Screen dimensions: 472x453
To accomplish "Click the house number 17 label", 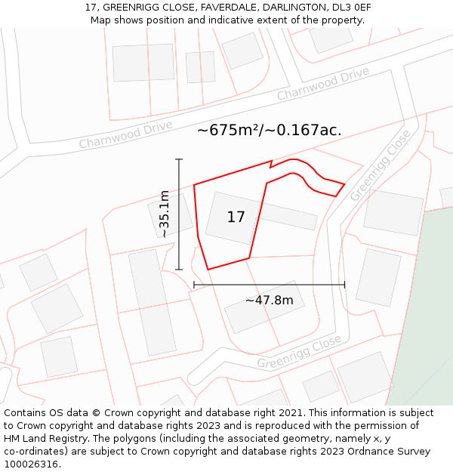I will click(x=236, y=217).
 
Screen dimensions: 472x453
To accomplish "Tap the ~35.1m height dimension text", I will click(x=164, y=214).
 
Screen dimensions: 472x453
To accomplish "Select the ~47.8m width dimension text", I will click(x=269, y=301).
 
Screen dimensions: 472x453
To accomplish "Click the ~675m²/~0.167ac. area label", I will click(x=270, y=130).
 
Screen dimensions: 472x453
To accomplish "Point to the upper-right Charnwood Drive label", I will click(x=323, y=83).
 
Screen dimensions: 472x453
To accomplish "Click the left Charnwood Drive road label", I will click(x=125, y=134).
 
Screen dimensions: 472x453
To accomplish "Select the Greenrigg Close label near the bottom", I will click(x=299, y=353).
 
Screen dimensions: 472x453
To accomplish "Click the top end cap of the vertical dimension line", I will click(x=179, y=159).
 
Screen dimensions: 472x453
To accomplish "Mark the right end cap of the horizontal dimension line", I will click(x=344, y=285).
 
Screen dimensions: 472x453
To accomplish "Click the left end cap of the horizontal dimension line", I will click(x=194, y=285).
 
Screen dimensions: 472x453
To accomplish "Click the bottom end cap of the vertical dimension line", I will click(x=179, y=270).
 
